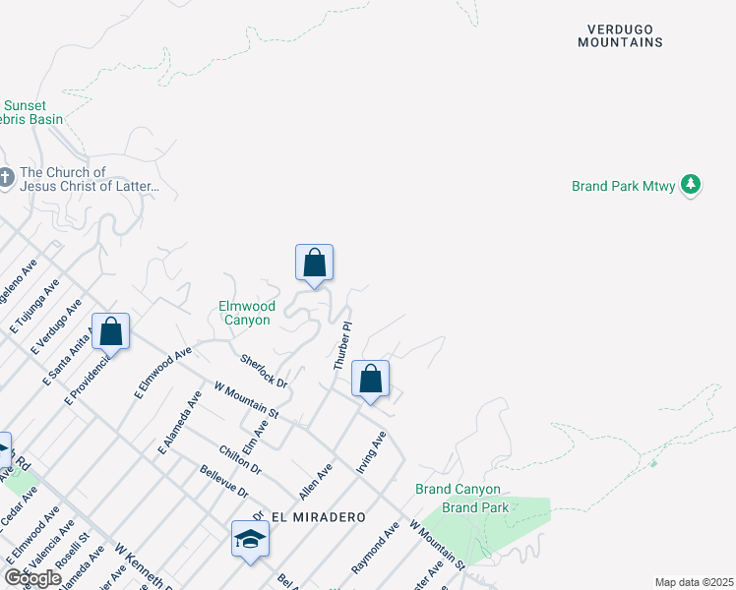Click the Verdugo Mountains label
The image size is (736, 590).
point(620,35)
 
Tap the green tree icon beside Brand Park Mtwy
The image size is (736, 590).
point(692,185)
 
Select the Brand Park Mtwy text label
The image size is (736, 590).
point(624,186)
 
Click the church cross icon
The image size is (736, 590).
point(7,178)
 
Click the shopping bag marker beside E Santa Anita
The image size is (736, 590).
point(111,330)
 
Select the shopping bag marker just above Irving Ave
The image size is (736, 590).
point(371,378)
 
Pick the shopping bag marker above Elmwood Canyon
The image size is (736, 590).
point(315,262)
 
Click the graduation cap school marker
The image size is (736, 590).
point(251,538)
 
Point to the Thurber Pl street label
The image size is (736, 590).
point(342,345)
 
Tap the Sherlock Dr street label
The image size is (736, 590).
point(263,370)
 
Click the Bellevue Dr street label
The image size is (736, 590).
point(220,482)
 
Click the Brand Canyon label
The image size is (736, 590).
point(458,489)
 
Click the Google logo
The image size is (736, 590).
point(32,578)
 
